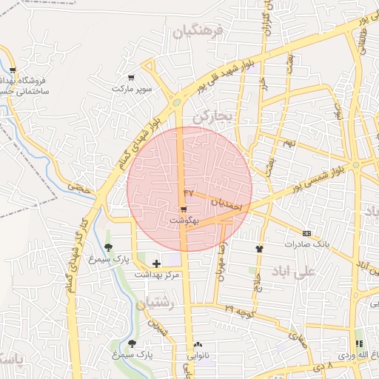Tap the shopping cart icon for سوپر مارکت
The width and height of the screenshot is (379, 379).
pos(132,77)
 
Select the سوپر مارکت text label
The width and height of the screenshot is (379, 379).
pos(132,88)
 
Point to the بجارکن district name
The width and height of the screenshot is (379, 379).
pos(213,117)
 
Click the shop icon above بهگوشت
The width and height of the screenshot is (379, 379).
pos(183,209)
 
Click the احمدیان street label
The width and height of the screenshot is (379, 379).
pos(227,205)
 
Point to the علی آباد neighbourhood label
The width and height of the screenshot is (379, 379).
pos(295,272)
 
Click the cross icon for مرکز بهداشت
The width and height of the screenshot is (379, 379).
pos(156,263)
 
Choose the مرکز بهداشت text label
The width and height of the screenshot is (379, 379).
pos(157,274)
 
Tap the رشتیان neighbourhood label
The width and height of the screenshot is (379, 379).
pos(155,303)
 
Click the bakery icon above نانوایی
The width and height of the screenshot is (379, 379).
pos(198,345)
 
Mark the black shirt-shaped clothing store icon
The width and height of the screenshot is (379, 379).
pos(259,249)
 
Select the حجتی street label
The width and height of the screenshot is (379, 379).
pos(78,188)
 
